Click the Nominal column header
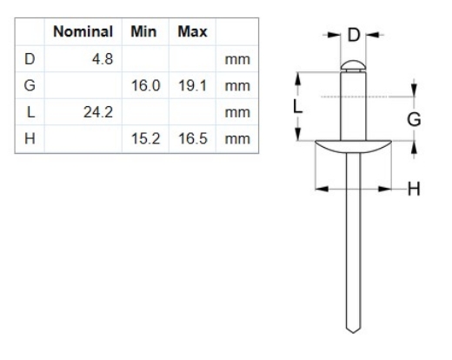[x=83, y=32]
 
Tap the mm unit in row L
[x=235, y=112]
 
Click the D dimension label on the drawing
[x=353, y=36]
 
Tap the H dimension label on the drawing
[x=414, y=189]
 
